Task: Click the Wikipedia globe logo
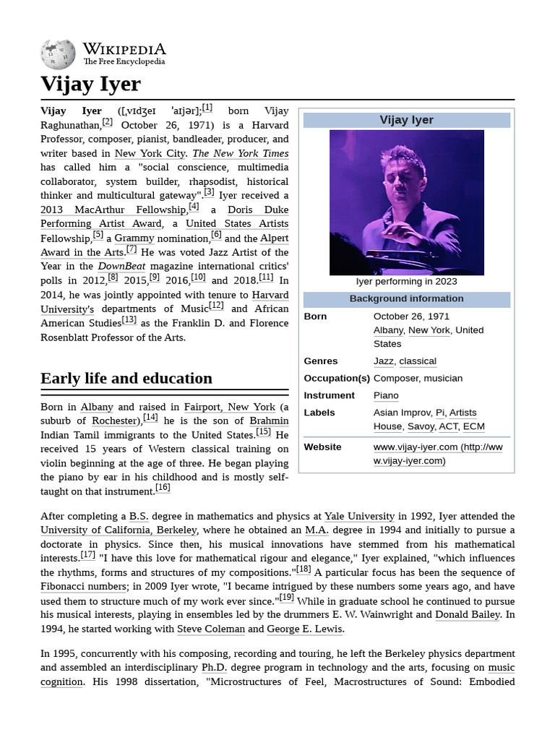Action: pos(59,53)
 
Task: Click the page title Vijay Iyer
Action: pos(90,85)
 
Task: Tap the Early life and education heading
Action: pos(126,378)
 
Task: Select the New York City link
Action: pos(150,153)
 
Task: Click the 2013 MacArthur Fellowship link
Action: pos(113,210)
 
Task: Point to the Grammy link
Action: pos(134,238)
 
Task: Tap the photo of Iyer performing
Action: pos(406,202)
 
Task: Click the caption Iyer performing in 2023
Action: pos(406,281)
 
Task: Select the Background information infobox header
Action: pos(406,298)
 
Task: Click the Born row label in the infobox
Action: pos(315,316)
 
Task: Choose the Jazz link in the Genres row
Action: pos(383,361)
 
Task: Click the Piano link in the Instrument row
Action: pos(386,395)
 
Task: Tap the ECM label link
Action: pos(473,426)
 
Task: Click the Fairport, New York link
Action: pos(229,407)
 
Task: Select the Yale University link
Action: pos(359,516)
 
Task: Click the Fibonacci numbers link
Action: pos(84,586)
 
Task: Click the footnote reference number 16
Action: pos(163,488)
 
